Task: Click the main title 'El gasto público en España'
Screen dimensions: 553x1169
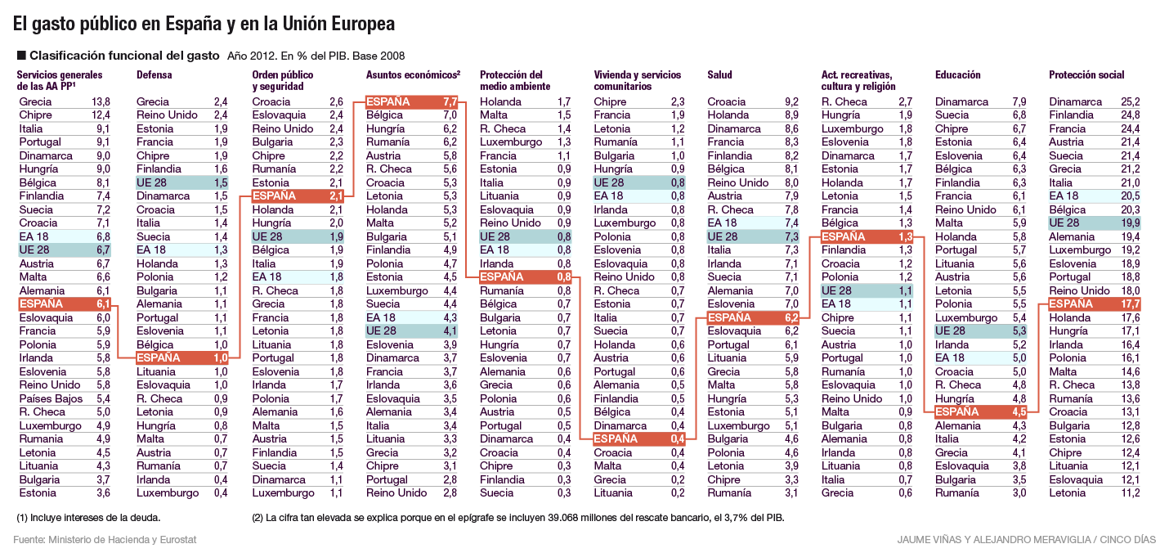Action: coord(204,25)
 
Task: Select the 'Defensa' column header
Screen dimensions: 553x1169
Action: coord(155,75)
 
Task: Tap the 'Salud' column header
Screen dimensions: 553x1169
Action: coord(720,75)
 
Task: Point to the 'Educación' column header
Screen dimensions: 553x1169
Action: coord(957,75)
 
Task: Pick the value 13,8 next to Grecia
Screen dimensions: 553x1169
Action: coord(101,102)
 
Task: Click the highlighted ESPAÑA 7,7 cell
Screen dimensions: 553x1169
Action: coord(411,102)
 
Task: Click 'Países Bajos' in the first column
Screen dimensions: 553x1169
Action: coord(51,398)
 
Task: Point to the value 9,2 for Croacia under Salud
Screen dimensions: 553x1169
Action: coord(791,102)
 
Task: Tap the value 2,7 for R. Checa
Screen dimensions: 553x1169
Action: coord(905,102)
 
